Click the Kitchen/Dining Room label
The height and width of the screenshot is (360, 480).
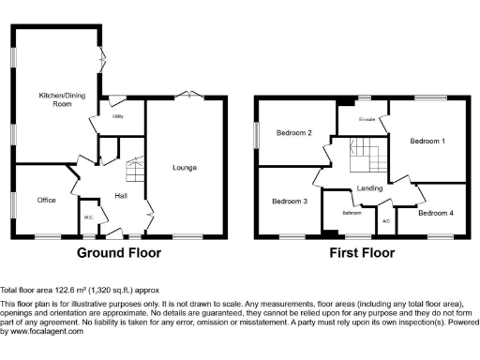pyautogui.click(x=55, y=99)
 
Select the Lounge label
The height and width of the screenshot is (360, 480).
pyautogui.click(x=184, y=168)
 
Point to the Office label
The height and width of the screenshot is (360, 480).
pyautogui.click(x=46, y=201)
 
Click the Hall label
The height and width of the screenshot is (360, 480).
pyautogui.click(x=121, y=195)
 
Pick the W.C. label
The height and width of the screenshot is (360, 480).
pyautogui.click(x=88, y=218)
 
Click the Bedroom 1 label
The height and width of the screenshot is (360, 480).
pyautogui.click(x=427, y=142)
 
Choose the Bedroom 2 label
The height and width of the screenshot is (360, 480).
pyautogui.click(x=293, y=133)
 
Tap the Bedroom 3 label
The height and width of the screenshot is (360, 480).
pyautogui.click(x=290, y=202)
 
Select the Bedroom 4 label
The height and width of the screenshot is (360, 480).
pyautogui.click(x=435, y=213)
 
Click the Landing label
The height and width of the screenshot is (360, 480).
pyautogui.click(x=368, y=189)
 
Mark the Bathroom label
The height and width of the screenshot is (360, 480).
pyautogui.click(x=352, y=213)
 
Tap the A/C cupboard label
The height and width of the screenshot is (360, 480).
pyautogui.click(x=385, y=222)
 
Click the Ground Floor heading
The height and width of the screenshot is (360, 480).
pyautogui.click(x=119, y=253)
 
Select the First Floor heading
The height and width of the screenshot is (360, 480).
pyautogui.click(x=361, y=253)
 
